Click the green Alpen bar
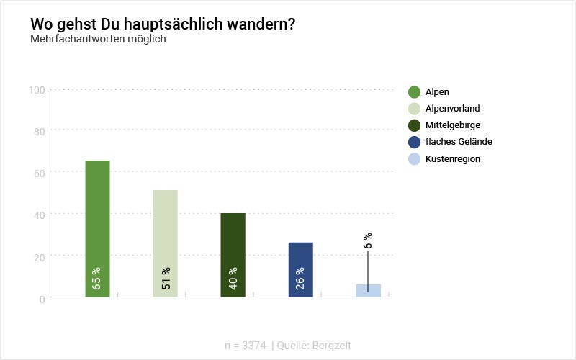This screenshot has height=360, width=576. coord(97,216)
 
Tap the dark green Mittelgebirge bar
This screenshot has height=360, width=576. coord(233,245)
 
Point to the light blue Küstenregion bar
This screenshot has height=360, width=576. coord(368,291)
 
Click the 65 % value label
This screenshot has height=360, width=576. coord(96,279)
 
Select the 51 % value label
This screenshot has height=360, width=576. coord(165,279)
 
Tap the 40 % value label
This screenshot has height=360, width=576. coord(233,279)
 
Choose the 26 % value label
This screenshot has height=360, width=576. coord(300,279)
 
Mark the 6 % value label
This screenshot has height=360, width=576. coord(368,240)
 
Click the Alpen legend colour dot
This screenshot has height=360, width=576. coord(414,91)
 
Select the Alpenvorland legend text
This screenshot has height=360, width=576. coord(452,109)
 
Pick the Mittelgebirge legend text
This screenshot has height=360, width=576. coord(453,125)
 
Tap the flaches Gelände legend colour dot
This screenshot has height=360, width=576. coord(414,142)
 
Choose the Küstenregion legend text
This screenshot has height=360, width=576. coord(453,159)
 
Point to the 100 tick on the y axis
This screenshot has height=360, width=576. coord(37,90)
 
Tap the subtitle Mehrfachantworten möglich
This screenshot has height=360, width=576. coord(98,39)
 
